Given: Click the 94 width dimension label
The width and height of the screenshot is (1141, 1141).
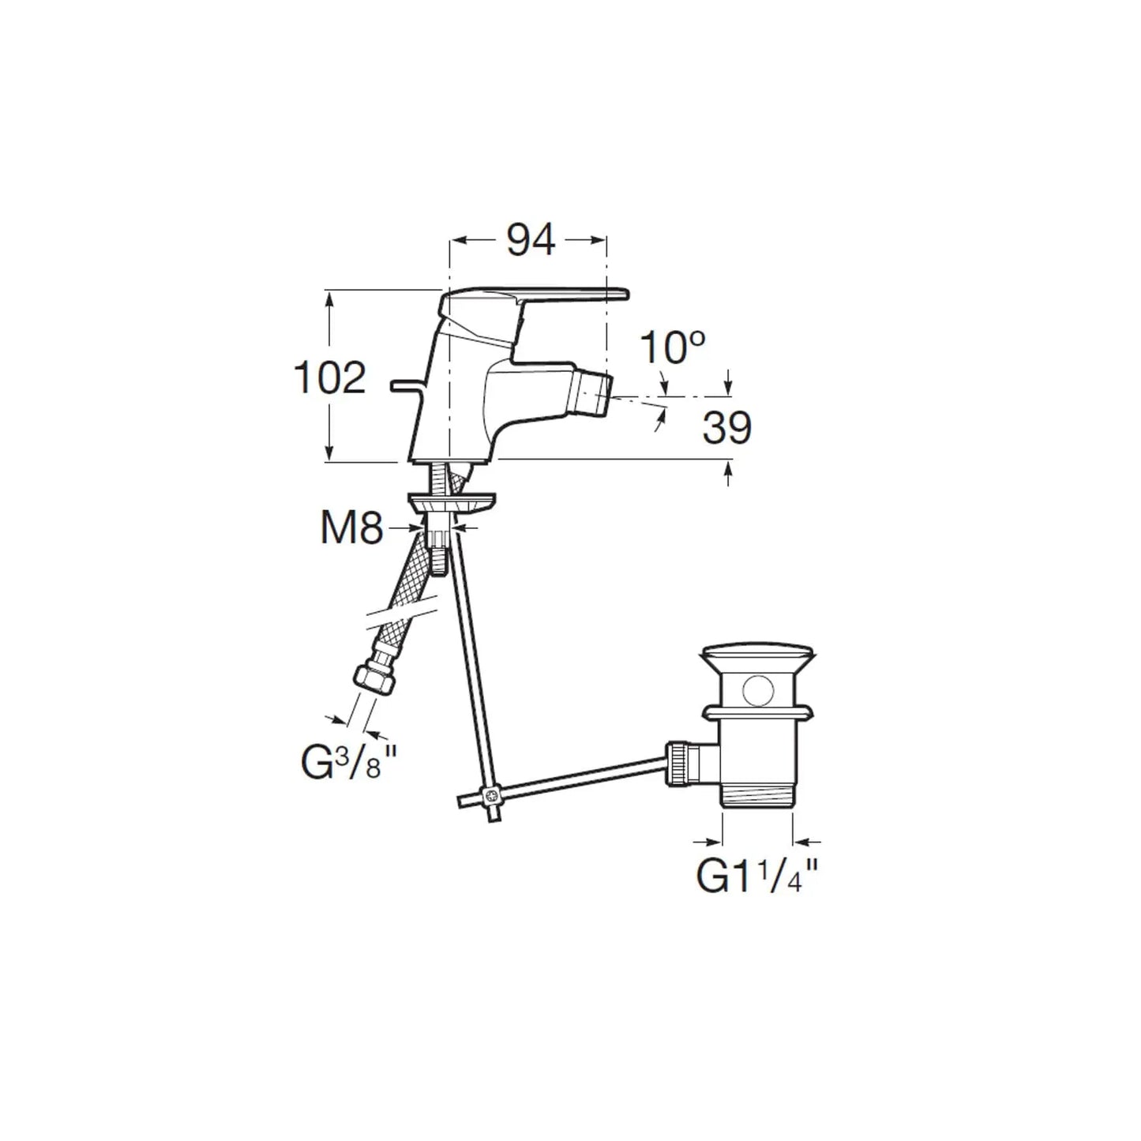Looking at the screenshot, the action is coord(531,240).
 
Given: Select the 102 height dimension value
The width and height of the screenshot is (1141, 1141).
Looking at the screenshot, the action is coord(330,378).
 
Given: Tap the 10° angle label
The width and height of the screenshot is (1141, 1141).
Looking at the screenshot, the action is coord(672,347).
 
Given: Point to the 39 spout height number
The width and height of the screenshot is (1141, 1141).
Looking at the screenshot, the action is coord(726,427).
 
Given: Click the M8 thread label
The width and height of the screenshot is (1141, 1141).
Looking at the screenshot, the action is coord(351,529).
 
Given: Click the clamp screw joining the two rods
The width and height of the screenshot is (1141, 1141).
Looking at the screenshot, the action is coord(490,794).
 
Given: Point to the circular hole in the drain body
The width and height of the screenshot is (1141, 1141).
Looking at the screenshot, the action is coord(758,690).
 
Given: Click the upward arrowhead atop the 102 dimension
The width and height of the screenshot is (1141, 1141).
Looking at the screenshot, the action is coord(330,298).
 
